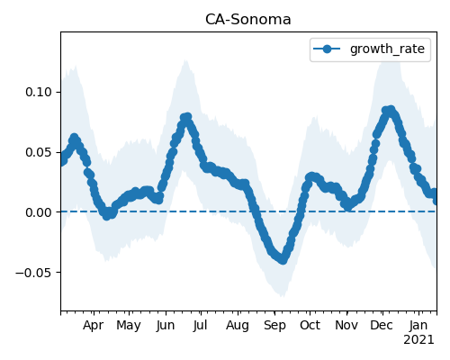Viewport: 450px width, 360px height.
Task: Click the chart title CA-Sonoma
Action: pos(248,20)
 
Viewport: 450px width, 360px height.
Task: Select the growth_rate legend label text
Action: pos(387,49)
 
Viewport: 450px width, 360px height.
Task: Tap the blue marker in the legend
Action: pos(327,49)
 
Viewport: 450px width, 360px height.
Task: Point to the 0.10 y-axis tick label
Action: pos(39,92)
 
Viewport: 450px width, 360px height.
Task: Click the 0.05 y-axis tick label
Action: pos(39,152)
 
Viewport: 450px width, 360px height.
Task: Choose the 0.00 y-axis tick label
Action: pos(39,212)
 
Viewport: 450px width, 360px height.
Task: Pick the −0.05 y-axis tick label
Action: pos(34,273)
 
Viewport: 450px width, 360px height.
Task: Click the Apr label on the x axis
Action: pos(94,325)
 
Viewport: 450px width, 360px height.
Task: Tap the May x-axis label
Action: pos(129,326)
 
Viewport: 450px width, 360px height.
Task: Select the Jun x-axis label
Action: pos(166,326)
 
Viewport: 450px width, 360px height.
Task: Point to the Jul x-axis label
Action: pos(200,325)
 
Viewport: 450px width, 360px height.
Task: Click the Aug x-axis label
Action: pos(238,326)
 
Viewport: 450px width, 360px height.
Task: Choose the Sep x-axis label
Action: pos(274,326)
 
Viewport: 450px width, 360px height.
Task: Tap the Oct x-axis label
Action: pos(310,325)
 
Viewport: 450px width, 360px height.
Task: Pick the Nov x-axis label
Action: pos(346,325)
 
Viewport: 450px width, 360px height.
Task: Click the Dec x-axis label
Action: pos(382,325)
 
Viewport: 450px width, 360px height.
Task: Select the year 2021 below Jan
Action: pos(418,340)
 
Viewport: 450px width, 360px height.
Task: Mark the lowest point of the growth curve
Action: pos(283,260)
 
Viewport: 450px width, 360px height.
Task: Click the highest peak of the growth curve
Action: pos(391,110)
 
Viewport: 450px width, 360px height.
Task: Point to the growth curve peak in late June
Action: pos(187,117)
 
